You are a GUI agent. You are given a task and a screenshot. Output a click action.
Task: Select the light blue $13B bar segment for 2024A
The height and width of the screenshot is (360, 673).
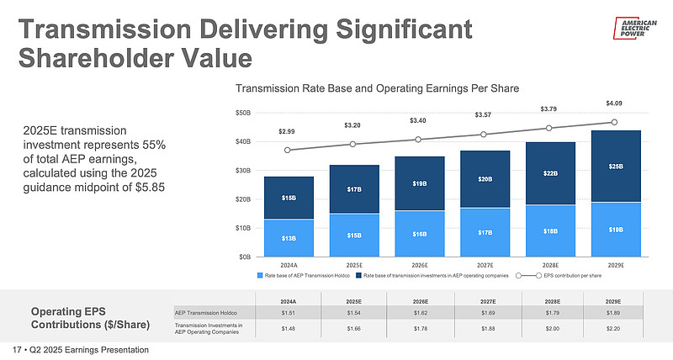[x=289, y=238]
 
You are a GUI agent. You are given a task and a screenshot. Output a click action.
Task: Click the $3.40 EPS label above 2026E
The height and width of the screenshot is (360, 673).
[x=417, y=120]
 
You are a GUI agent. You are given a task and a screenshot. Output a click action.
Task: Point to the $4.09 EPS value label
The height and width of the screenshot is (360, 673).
[x=615, y=103]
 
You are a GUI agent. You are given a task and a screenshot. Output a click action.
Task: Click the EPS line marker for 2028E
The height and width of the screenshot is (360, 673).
[x=548, y=128]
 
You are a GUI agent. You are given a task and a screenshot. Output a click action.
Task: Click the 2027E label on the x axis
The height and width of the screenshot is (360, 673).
[x=483, y=265]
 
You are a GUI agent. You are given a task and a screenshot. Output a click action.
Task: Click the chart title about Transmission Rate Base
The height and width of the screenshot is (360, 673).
[x=377, y=87]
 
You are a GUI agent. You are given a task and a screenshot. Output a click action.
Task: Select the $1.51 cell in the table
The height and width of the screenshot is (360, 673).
[x=289, y=312]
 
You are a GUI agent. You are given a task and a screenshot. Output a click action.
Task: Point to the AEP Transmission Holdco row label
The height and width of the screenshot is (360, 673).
[x=204, y=312]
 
